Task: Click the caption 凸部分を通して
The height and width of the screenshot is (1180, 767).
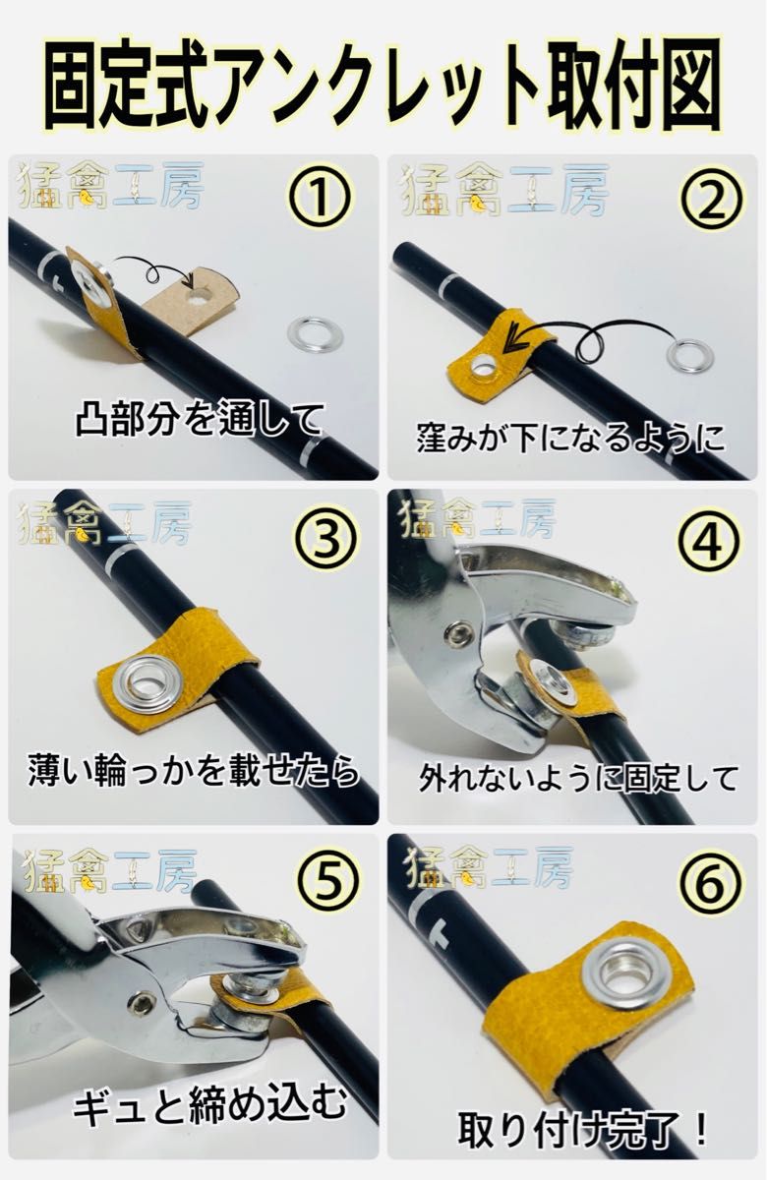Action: tap(200, 421)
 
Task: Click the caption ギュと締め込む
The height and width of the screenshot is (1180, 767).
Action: tap(210, 1108)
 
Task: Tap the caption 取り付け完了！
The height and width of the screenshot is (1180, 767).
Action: tap(584, 1124)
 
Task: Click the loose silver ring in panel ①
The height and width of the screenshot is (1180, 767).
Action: tap(315, 334)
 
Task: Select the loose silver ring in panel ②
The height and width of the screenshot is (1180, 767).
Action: tap(689, 355)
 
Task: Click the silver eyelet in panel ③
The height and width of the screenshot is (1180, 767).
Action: tap(144, 683)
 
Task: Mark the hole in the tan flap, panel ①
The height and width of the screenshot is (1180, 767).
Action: tap(204, 293)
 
